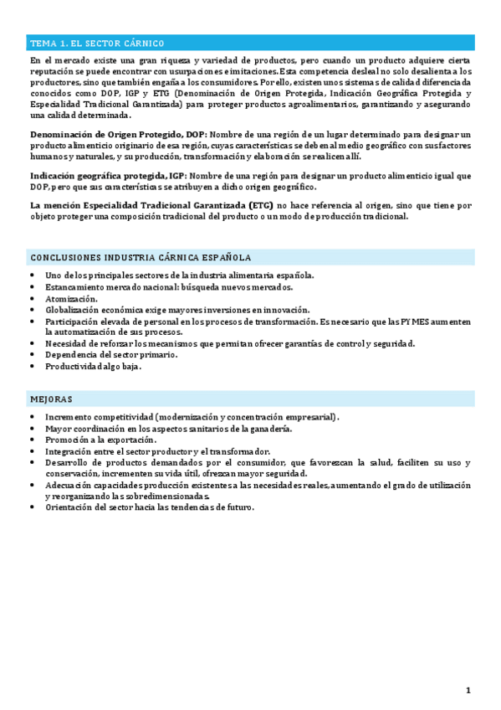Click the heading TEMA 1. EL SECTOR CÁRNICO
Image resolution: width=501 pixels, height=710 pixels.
coord(97,44)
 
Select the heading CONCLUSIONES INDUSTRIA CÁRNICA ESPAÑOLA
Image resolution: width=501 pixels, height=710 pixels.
coord(141,257)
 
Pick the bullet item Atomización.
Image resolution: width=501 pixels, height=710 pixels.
coord(71,298)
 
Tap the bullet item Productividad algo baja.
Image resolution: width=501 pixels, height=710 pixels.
coord(94,367)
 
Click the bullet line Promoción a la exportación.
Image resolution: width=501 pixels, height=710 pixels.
coord(100,440)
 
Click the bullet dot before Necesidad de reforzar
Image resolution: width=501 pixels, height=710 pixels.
coord(32,343)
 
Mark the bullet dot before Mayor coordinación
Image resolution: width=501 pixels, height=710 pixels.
coord(32,429)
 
